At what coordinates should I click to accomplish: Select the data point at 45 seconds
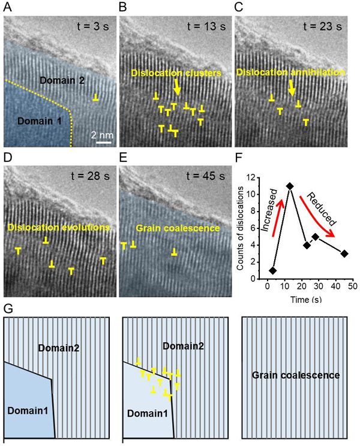(x=344, y=254)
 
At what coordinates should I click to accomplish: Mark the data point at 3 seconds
(x=273, y=270)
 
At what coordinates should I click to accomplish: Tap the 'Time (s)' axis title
(x=309, y=298)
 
